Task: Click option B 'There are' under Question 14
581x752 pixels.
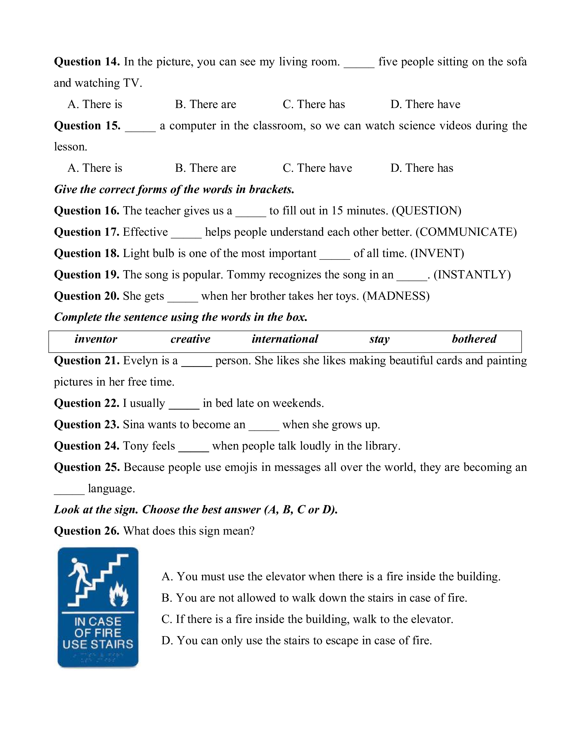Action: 206,104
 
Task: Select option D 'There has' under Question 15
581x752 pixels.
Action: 422,168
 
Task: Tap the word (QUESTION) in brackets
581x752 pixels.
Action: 427,211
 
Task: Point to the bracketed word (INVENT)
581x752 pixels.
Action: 437,253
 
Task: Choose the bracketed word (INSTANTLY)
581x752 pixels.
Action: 472,275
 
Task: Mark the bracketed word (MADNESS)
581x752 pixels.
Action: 396,296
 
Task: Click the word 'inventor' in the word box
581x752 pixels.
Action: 96,339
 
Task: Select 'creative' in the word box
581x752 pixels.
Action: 190,339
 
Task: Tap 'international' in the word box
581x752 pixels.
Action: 285,339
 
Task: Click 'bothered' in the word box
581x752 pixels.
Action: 474,339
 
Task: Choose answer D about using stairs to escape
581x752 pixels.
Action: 296,640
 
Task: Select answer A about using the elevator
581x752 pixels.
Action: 331,577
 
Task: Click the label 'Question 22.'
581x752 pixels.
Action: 87,403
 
